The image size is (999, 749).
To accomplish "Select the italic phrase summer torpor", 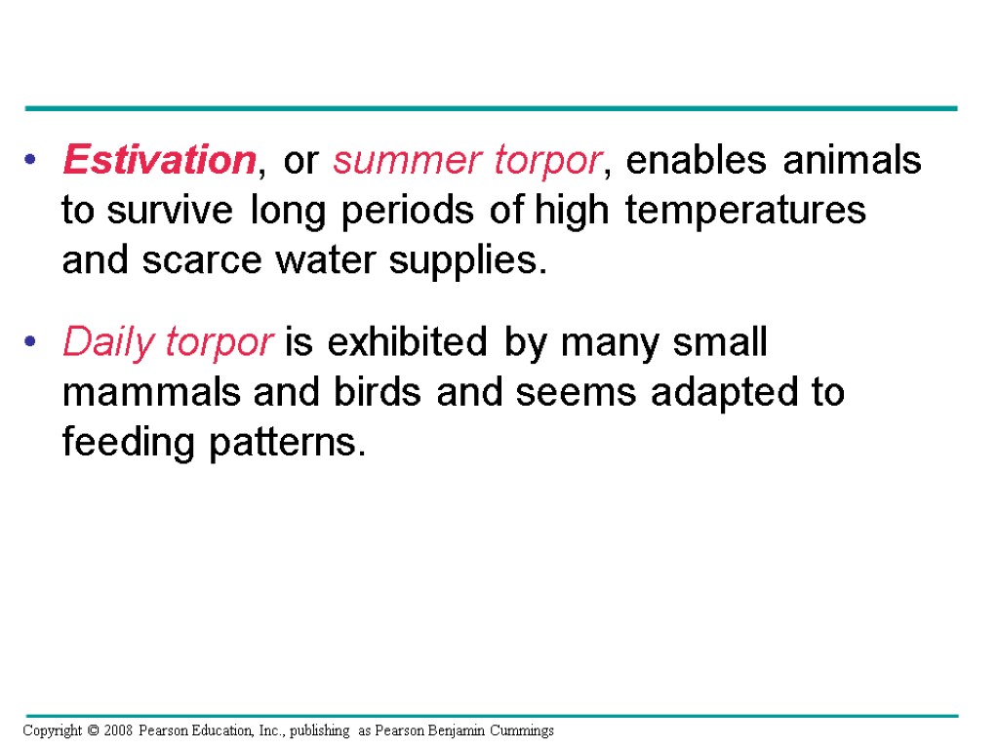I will (x=466, y=161).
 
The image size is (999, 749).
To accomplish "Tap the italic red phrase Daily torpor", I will (x=168, y=343).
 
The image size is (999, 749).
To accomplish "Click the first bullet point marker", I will (x=33, y=160).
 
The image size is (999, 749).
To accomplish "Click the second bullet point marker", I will (x=33, y=342).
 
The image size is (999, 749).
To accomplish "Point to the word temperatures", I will (x=745, y=211).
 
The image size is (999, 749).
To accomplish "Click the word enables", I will (x=696, y=161).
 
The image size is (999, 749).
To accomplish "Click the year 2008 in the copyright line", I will (x=116, y=729).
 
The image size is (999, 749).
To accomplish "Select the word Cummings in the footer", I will (x=525, y=729).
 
